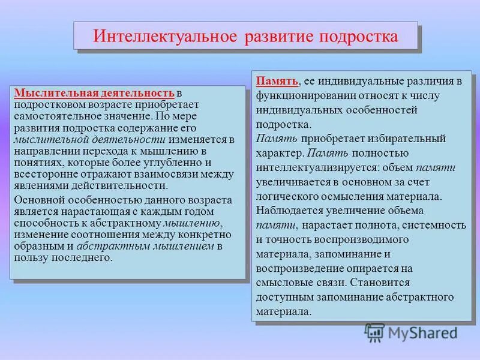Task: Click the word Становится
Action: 382,282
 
